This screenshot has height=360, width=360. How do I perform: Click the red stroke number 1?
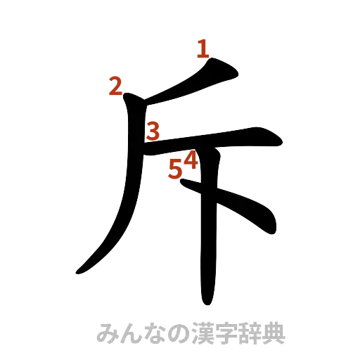click(203, 50)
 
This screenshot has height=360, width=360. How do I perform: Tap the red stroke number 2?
click(116, 86)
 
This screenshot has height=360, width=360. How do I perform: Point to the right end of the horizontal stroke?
click(280, 142)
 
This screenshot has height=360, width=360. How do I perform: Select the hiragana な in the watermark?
click(150, 333)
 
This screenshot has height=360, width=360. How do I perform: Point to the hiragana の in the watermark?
click(174, 333)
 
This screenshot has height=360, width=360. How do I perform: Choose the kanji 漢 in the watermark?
click(196, 333)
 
